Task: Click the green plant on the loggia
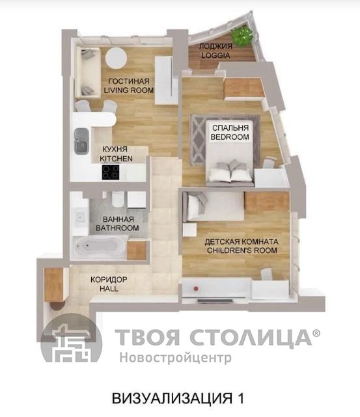pos(242,36)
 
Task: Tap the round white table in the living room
pos(116,58)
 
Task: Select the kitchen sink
pos(81,141)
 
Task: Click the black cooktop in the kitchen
pos(111,172)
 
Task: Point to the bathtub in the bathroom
pos(100,247)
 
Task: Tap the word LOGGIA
pos(215,55)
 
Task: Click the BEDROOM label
pos(230,137)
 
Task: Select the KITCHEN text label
pos(117,159)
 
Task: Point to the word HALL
pos(109,289)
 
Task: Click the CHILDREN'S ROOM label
pos(242,250)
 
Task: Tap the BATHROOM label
pos(117,228)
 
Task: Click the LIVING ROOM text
pos(129,90)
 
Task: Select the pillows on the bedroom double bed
pos(230,171)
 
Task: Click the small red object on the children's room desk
pos(196,288)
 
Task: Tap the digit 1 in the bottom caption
pos(240,398)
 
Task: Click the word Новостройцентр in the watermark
pos(175,358)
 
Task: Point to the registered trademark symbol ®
pos(316,333)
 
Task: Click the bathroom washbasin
pos(80,217)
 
